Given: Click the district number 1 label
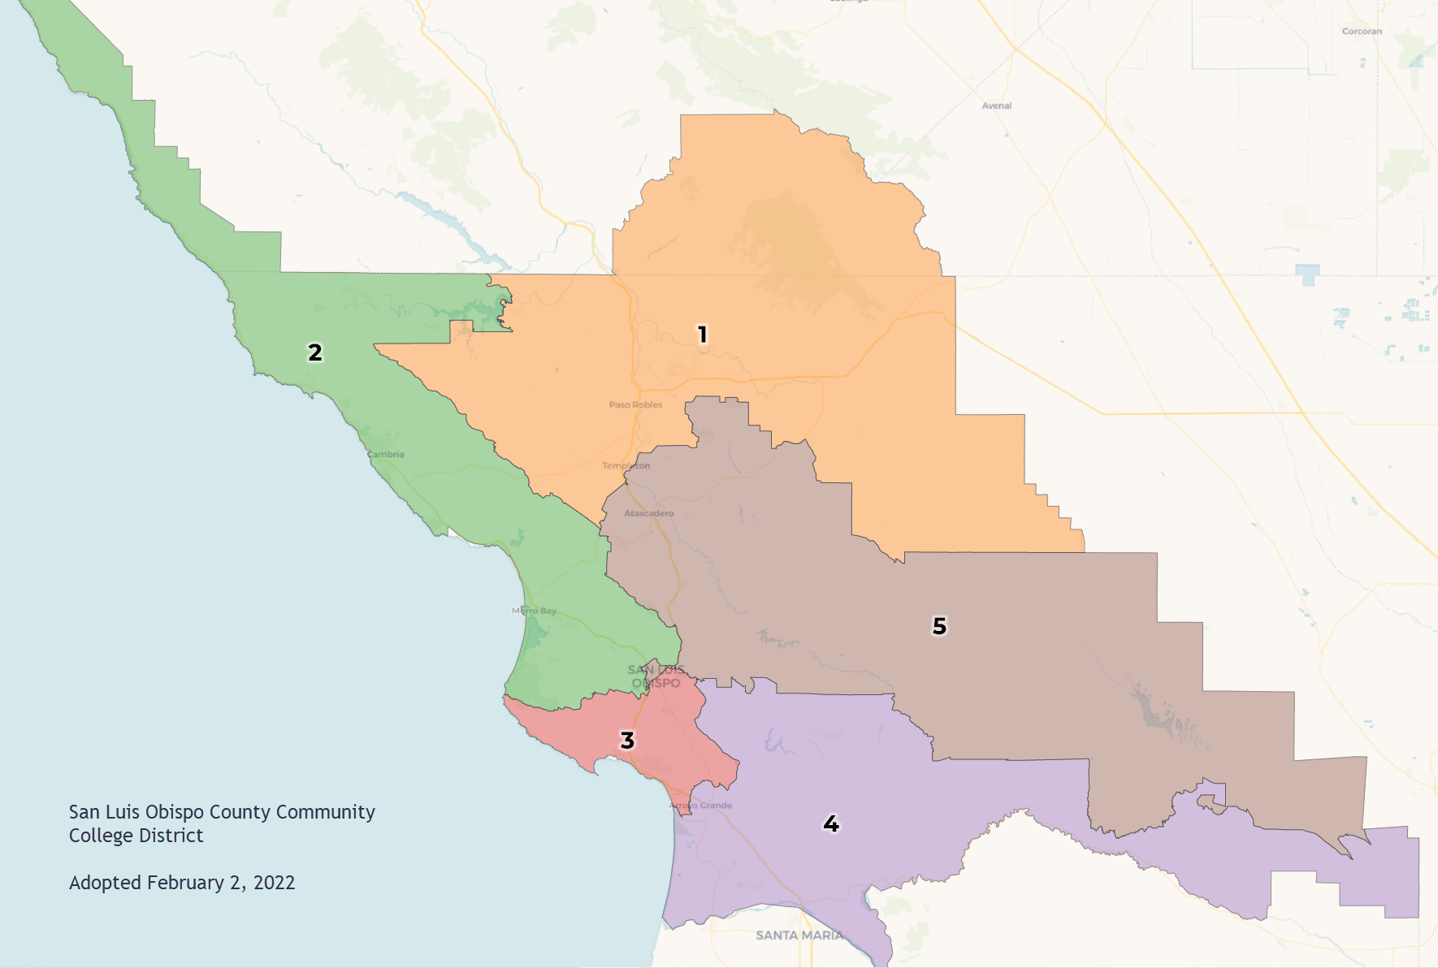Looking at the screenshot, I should pos(703,334).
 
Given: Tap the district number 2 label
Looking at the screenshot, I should pos(314,352).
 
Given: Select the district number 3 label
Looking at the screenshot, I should pos(627,741).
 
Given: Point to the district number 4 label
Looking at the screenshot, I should pos(831,823).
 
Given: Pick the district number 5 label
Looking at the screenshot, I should pos(939,626).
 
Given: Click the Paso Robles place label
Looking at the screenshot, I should pos(635,404).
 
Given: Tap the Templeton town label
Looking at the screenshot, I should pos(626,465).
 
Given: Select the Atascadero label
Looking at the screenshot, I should pos(648,513).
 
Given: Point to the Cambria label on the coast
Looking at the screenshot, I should pos(385,454).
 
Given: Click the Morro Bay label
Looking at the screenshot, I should pos(534,611).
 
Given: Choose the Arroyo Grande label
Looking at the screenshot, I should pos(700,806).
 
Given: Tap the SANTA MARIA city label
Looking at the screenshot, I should pos(799,936).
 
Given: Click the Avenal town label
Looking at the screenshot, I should pos(996,106).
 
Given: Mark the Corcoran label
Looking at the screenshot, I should pos(1362,32).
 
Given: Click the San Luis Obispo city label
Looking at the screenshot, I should pos(656,676).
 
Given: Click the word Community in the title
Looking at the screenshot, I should pos(325,812).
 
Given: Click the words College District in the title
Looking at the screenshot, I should pos(136,836).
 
